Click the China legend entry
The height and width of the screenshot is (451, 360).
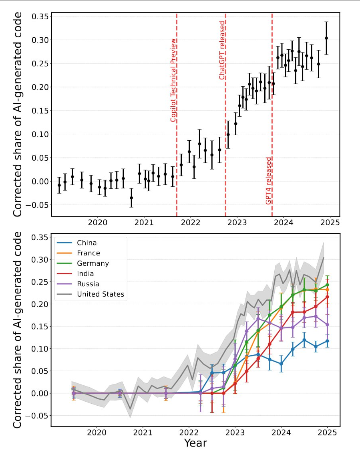point(86,243)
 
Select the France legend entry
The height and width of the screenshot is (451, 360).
point(88,253)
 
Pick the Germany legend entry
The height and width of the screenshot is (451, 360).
point(92,263)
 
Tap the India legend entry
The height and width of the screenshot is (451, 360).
point(85,273)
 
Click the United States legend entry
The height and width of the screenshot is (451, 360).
point(100,294)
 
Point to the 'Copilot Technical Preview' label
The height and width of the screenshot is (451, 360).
point(173,80)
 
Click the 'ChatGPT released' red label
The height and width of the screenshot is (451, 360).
point(222,50)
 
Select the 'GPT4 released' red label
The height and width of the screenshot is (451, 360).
point(269,180)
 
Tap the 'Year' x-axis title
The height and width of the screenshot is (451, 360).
point(195,443)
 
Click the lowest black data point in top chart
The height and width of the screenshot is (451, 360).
point(131,198)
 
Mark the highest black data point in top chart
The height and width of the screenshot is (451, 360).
point(326,38)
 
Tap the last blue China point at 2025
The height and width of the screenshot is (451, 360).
point(327,341)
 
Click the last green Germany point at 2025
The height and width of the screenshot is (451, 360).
point(327,285)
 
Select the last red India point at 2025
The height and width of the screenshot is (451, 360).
point(327,297)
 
